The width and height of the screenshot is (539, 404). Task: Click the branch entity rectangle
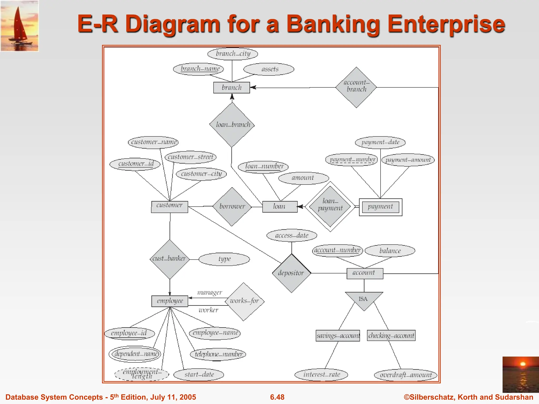pos(231,88)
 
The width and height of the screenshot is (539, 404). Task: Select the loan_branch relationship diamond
pos(232,125)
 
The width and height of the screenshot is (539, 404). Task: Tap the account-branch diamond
pos(356,87)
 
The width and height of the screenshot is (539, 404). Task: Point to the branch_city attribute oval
pos(233,54)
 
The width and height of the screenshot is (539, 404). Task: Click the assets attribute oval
pos(269,69)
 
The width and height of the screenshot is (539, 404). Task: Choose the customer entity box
pos(169,207)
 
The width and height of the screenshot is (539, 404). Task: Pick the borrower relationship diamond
pos(232,207)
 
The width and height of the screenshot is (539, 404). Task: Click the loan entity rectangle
pos(280,207)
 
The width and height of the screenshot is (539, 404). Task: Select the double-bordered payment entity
pos(380,207)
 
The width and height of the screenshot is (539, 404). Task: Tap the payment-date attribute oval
pos(380,143)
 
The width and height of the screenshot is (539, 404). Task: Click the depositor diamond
pos(291,273)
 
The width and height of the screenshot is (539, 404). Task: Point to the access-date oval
pos(292,235)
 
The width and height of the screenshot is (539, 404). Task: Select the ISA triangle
pos(364,299)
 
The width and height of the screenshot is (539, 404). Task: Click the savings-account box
pos(338,336)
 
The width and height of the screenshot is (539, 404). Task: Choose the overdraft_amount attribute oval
pos(405,375)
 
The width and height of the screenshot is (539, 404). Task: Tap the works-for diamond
pos(244,301)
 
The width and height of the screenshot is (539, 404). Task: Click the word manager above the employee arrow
pos(209,292)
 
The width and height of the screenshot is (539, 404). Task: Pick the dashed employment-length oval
pos(142,374)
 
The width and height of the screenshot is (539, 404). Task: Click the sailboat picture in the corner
pos(19,26)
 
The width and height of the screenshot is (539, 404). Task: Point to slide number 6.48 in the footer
pos(277,397)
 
